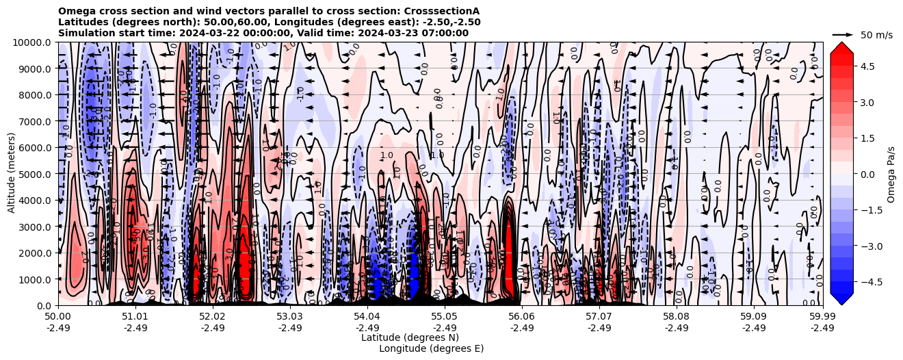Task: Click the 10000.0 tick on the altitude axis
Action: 34,42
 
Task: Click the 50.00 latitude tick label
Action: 58,317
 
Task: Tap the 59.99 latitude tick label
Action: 822,317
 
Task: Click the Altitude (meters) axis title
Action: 12,173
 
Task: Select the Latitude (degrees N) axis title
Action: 410,337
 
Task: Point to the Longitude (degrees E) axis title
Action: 431,348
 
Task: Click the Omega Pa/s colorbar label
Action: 891,174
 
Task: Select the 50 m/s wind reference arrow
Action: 843,34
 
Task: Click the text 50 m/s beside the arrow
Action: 876,35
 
